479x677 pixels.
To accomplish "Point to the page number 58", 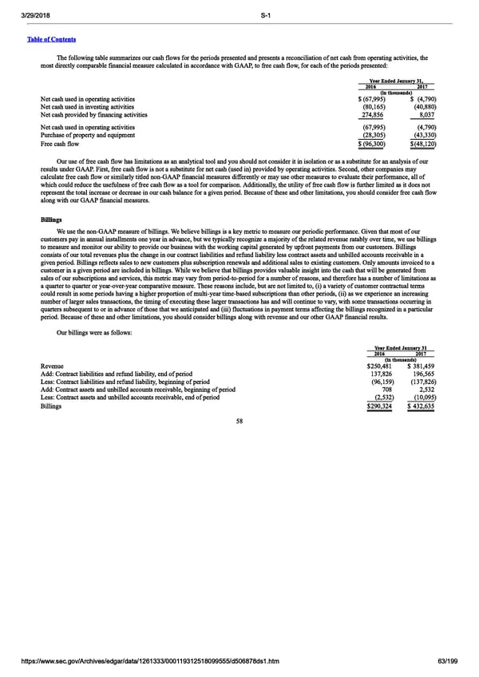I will point(239,422).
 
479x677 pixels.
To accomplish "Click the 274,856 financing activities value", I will point(373,115).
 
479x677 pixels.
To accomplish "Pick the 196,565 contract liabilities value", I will point(422,374).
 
